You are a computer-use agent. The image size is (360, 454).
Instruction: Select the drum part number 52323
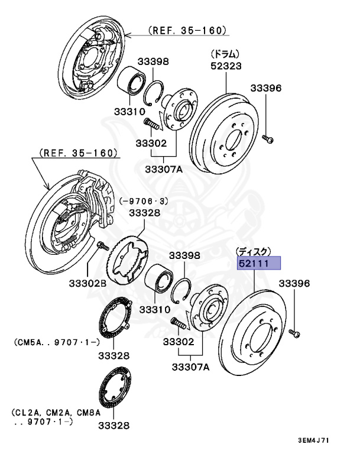pyautogui.click(x=226, y=66)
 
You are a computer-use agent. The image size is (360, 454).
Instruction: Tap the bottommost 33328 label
pyautogui.click(x=113, y=425)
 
